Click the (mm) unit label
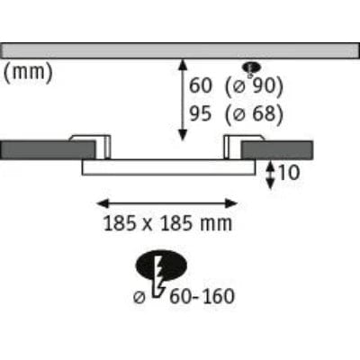click(x=28, y=72)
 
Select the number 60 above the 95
click(x=201, y=85)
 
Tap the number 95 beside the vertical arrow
click(x=201, y=114)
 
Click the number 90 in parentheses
click(x=264, y=85)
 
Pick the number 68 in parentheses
click(x=264, y=114)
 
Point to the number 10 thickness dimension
click(x=289, y=173)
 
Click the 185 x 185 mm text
click(x=167, y=223)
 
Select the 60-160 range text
click(x=202, y=296)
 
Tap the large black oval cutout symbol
click(x=161, y=265)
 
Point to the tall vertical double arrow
click(x=183, y=100)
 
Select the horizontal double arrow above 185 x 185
click(x=167, y=203)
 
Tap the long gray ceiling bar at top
click(x=180, y=50)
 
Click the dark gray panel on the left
click(x=48, y=149)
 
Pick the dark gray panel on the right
click(x=277, y=150)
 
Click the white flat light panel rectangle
click(x=168, y=167)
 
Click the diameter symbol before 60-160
click(x=139, y=298)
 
